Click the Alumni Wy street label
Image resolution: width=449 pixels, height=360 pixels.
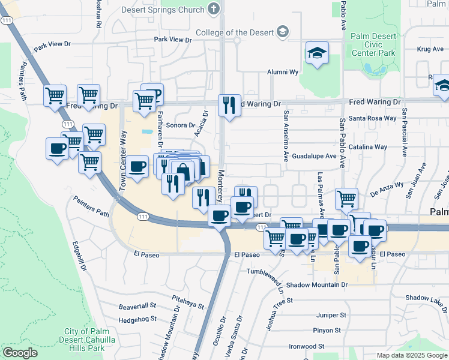[x=283, y=72]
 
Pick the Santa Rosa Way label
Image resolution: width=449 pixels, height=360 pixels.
[x=373, y=118]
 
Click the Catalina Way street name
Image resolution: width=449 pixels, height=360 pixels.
[x=372, y=146]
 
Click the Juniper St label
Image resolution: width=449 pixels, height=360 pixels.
[x=331, y=315]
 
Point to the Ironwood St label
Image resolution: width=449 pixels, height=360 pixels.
[x=306, y=346]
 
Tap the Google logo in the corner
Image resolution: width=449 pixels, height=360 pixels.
[x=20, y=353]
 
